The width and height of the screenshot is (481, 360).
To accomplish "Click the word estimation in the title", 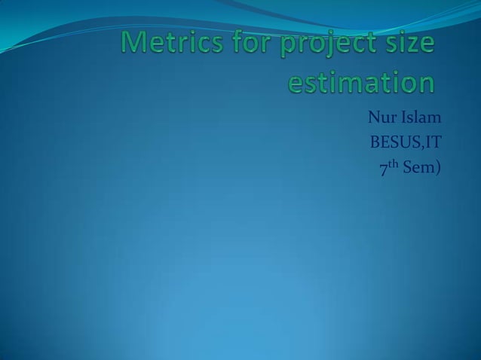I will click(x=362, y=81).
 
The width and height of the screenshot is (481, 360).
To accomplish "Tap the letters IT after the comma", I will click(x=433, y=142).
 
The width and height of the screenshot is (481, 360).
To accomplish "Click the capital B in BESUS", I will click(x=373, y=142).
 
